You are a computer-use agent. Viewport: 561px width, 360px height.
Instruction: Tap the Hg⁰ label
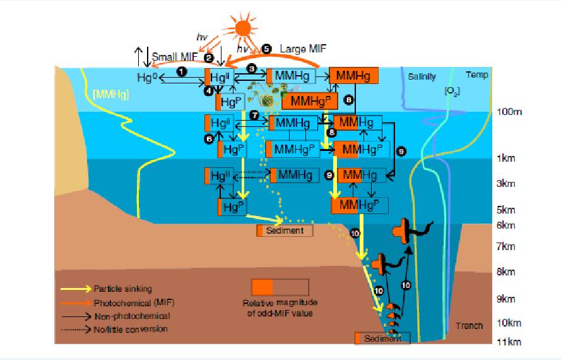coord(145,77)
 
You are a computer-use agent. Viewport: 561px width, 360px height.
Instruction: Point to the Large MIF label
coord(300,49)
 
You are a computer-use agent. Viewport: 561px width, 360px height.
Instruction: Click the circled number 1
coord(181,72)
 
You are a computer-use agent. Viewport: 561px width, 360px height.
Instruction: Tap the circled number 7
coord(254,116)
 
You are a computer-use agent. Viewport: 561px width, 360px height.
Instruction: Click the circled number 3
coord(251,68)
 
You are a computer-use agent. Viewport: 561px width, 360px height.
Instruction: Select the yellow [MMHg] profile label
coord(111,95)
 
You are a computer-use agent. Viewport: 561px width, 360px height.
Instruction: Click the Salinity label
coord(422,76)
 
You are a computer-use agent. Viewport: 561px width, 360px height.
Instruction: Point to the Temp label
coord(476,75)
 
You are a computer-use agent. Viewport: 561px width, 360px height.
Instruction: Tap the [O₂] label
coord(451,92)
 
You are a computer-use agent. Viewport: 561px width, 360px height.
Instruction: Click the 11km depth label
coord(509,342)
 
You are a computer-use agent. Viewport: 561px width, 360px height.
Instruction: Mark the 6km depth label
coord(506,225)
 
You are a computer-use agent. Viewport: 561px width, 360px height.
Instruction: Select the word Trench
coord(469,326)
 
